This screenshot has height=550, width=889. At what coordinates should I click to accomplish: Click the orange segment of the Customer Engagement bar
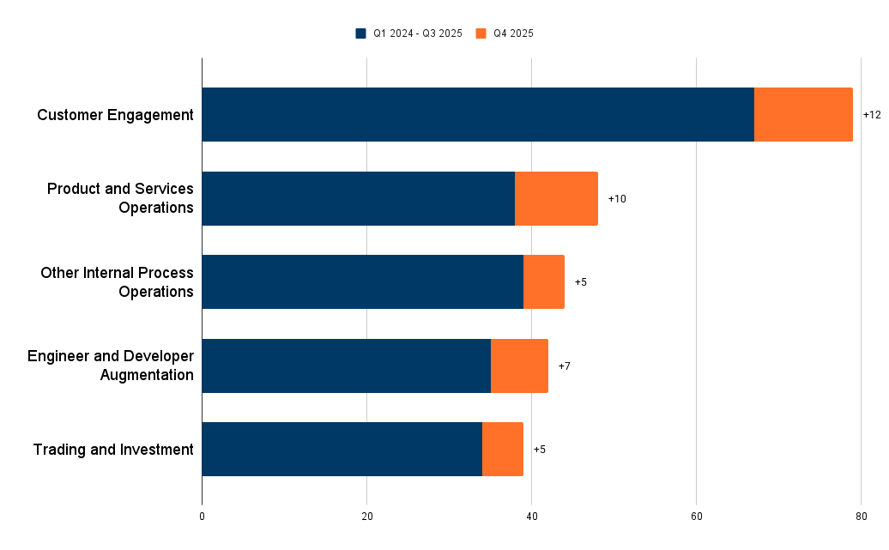pos(803,114)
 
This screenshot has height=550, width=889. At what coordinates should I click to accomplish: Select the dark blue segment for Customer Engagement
pos(478,114)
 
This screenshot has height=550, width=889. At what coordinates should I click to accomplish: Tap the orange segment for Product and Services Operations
pos(556,198)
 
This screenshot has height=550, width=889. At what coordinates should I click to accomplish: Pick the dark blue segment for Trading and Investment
pos(342,449)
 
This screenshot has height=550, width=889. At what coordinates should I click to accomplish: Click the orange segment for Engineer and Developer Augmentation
pos(519,366)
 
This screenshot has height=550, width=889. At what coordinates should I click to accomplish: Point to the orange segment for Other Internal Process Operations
pos(544,281)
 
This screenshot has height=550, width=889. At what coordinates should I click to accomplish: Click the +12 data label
pos(872,115)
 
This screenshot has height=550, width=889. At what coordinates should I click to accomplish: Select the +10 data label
pos(617,199)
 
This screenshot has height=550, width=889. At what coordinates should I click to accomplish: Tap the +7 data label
pos(564,366)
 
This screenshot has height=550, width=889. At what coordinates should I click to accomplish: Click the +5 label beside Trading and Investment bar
pos(539,450)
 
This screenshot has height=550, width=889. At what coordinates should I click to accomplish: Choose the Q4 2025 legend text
pos(513,33)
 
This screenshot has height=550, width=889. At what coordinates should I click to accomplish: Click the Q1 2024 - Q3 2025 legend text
pos(417,33)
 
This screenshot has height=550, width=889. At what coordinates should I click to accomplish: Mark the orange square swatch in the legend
pos(481,33)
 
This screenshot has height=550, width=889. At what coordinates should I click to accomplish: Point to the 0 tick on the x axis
pos(202,517)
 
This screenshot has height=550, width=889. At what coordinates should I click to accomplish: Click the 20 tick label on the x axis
pos(366,517)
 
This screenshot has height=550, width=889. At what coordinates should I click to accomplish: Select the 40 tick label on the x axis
pos(531,517)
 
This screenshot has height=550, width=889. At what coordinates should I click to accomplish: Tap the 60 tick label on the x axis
pos(696,517)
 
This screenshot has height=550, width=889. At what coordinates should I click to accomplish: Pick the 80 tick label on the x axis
pos(861,517)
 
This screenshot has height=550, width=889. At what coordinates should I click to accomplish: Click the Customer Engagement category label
pos(115,115)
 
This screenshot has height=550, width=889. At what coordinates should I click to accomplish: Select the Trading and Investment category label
pos(113,450)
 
